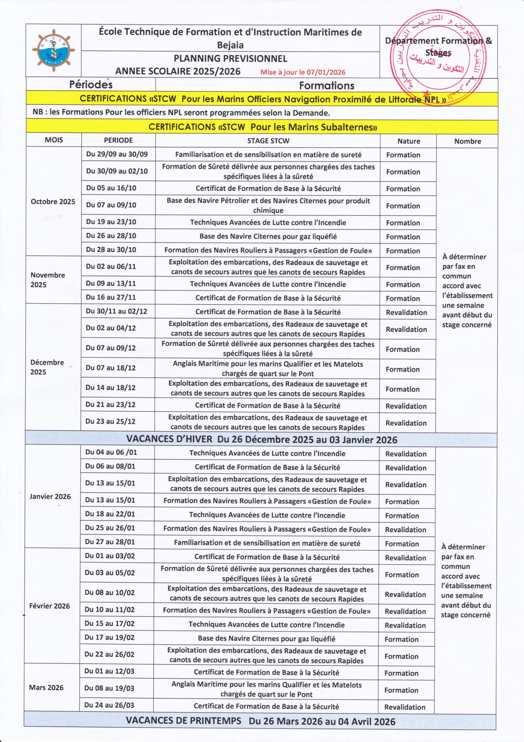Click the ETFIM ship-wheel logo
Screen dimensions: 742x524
point(53,50)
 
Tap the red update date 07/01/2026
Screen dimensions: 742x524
point(303,72)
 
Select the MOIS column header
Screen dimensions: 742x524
point(54,140)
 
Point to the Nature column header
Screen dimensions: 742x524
point(408,141)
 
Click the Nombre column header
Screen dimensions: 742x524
point(467,141)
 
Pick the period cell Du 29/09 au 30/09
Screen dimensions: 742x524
point(117,154)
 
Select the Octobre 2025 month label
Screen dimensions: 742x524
point(53,202)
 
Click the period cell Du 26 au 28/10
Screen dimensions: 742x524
point(111,236)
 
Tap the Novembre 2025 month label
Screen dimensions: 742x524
point(48,280)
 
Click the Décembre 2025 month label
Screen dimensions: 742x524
point(47,367)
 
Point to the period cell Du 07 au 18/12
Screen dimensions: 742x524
point(110,368)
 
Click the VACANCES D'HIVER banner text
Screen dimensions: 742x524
point(261,439)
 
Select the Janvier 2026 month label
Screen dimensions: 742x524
point(50,497)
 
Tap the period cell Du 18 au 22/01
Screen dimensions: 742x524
point(110,514)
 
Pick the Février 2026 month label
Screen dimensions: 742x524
point(50,606)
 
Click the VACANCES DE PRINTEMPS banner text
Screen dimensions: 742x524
point(260,721)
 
